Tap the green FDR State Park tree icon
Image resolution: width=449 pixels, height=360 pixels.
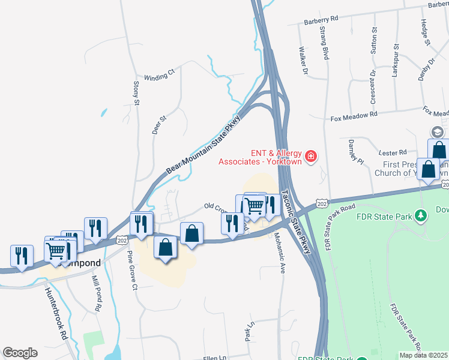coord(421,215)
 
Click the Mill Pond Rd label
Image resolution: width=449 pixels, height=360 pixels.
coord(96,293)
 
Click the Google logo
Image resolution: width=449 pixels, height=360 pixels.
coord(20,353)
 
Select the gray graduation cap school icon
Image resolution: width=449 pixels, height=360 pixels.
coord(437,131)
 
